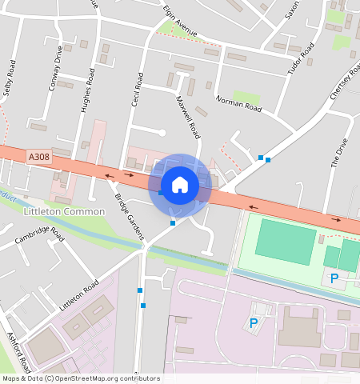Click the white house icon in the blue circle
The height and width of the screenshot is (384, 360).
[180, 185]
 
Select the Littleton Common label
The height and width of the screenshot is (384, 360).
[65, 211]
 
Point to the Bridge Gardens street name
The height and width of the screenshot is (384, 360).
[128, 216]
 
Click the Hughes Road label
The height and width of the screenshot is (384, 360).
[89, 90]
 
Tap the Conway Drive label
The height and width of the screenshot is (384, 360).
[54, 67]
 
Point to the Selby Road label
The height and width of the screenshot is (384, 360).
[10, 78]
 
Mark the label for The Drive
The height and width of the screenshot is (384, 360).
[339, 152]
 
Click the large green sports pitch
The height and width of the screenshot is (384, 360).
[286, 243]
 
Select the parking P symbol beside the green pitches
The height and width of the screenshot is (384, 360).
[334, 278]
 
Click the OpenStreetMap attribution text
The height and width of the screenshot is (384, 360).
[80, 378]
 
